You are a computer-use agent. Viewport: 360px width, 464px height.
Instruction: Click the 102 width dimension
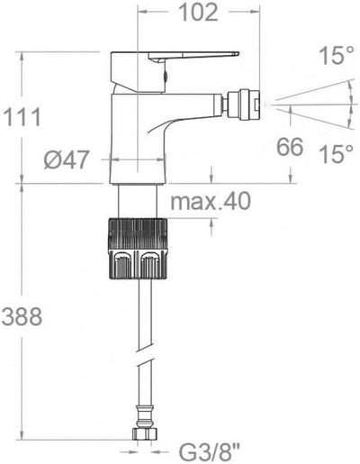click(198, 13)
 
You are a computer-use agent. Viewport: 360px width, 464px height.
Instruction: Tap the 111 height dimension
click(22, 116)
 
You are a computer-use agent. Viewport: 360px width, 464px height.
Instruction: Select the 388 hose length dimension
click(22, 316)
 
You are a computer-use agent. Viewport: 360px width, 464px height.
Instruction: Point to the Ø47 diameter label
click(67, 159)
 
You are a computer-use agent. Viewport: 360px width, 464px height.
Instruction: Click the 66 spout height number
click(290, 147)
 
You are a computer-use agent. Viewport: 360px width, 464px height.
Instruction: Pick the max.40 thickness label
click(211, 201)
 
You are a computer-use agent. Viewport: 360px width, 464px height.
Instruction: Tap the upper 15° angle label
click(336, 56)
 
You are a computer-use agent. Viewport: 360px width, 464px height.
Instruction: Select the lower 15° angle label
click(336, 154)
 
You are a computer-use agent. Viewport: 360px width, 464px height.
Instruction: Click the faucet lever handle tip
click(236, 54)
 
